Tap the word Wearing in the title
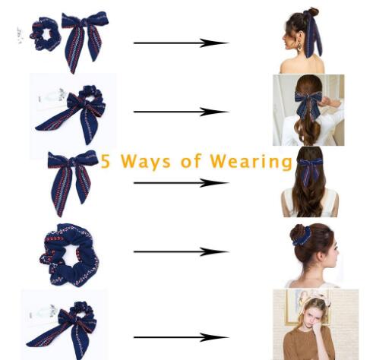[251, 161]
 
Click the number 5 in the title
[106, 161]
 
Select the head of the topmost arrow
[214, 43]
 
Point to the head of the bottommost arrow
[214, 337]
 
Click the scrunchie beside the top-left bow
[46, 34]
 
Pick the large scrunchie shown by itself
[70, 254]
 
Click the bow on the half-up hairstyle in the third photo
[309, 169]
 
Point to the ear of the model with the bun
[321, 256]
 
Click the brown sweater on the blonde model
[308, 343]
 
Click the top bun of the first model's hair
[312, 11]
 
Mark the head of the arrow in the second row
[214, 112]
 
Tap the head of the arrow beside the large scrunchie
[214, 251]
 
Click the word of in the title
[190, 161]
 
